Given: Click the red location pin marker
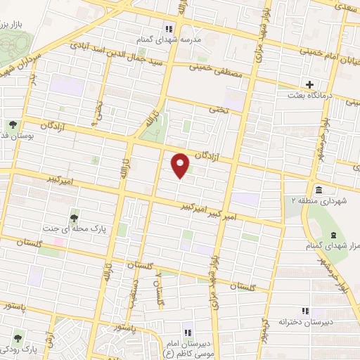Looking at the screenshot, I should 181,165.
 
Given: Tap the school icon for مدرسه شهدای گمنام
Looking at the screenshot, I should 168,29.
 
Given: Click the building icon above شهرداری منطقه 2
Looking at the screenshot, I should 318,191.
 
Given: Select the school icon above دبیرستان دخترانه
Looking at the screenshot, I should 305,310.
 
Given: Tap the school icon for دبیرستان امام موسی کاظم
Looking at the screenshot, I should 187,333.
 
